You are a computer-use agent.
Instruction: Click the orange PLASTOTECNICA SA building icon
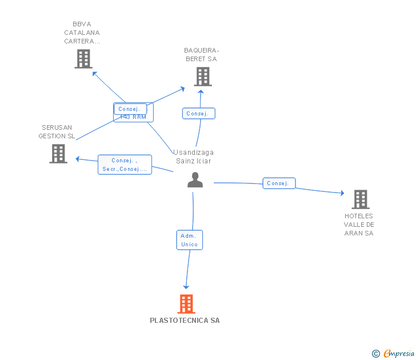click(x=186, y=304)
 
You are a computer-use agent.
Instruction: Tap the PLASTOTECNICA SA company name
click(x=185, y=321)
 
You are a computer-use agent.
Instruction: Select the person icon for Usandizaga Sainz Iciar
click(x=195, y=180)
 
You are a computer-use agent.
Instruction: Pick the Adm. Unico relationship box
click(x=189, y=240)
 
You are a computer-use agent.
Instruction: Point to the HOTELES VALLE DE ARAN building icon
click(x=360, y=199)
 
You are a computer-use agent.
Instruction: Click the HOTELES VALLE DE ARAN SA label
click(x=358, y=225)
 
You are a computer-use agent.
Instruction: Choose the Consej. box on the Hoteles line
click(x=279, y=183)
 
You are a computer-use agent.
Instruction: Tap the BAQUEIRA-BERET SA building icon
click(x=202, y=77)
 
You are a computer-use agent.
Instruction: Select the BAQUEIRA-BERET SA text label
click(x=201, y=55)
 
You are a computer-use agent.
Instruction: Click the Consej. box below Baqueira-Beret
click(x=198, y=114)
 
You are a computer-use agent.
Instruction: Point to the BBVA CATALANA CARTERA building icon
click(x=83, y=59)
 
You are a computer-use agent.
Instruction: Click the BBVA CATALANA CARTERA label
click(x=82, y=33)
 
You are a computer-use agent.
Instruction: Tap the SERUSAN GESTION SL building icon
click(x=58, y=154)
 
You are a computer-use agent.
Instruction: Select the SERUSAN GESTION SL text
click(x=57, y=131)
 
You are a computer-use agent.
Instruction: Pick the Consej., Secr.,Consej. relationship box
click(x=125, y=165)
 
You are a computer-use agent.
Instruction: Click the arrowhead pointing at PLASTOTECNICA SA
click(x=185, y=287)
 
